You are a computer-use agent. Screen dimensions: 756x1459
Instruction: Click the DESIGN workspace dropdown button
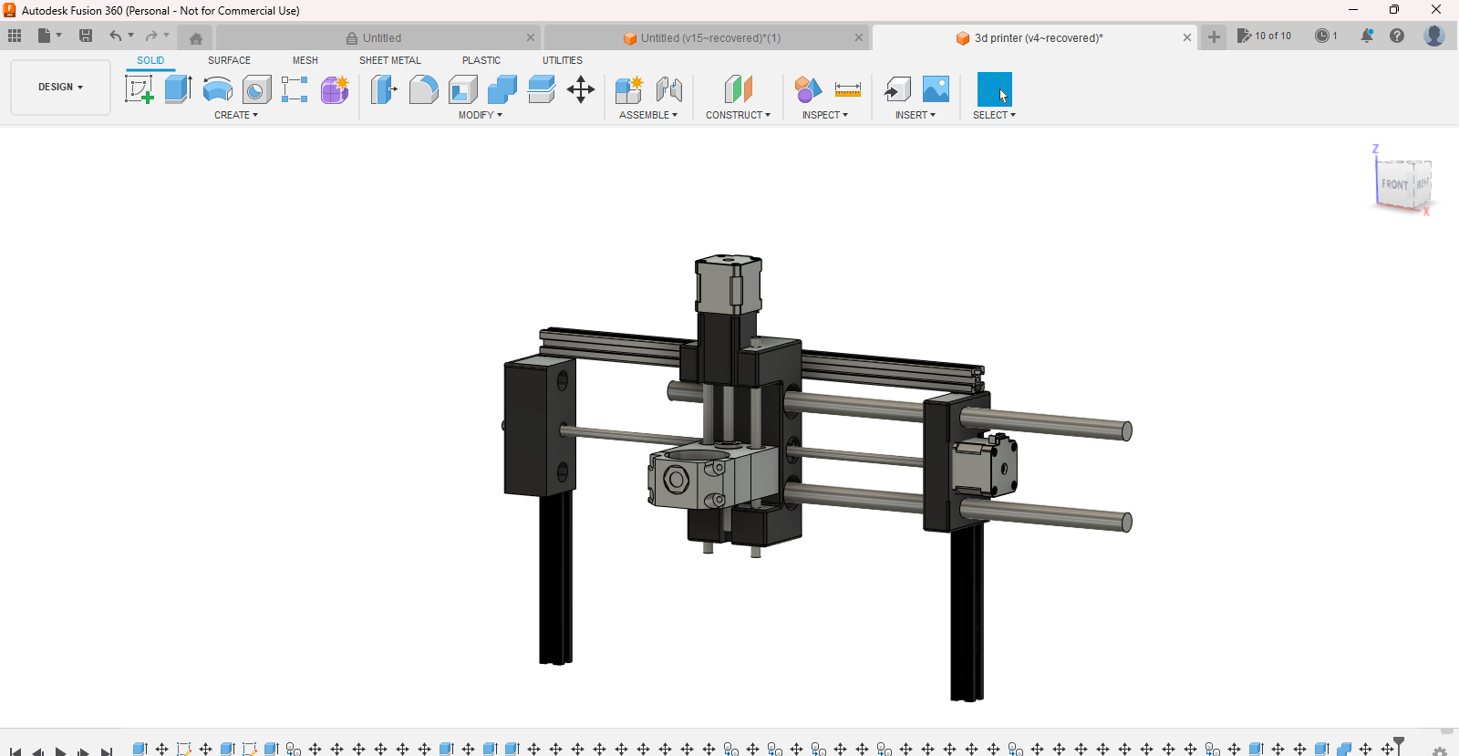point(60,88)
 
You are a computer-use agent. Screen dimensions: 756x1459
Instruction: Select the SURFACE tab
point(229,60)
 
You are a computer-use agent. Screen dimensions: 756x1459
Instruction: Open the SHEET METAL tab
point(389,60)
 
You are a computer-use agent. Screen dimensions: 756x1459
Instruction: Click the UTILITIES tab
point(562,60)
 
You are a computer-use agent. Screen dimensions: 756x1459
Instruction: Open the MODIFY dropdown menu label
point(480,115)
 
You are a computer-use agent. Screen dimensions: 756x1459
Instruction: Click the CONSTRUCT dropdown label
point(738,115)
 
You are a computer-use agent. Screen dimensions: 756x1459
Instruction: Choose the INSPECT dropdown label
point(824,115)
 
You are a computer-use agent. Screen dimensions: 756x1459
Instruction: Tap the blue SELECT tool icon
point(994,89)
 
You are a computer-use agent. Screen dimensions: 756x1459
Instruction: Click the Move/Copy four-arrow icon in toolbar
point(581,89)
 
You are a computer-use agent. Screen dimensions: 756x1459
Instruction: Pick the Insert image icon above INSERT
point(936,89)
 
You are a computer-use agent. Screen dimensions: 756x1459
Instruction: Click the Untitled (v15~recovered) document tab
point(709,38)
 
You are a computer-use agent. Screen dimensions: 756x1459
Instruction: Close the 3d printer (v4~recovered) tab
point(1186,38)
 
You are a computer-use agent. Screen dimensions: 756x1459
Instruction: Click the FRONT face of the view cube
point(1394,183)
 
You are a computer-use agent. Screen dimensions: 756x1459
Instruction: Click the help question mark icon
point(1396,36)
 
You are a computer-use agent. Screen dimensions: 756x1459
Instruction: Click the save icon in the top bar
point(86,36)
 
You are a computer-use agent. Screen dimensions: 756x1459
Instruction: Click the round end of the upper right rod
point(1126,431)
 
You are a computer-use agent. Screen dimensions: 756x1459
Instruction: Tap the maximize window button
point(1393,10)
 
